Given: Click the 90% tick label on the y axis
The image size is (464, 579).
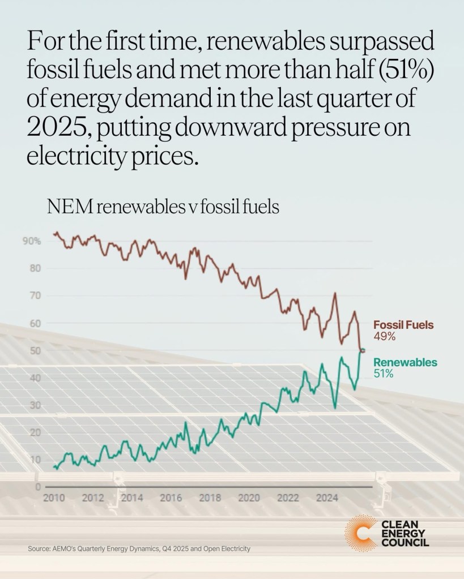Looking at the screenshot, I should (32, 241).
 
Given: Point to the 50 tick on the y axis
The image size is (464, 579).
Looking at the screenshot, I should (35, 351).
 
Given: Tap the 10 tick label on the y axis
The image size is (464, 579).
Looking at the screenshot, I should (35, 460).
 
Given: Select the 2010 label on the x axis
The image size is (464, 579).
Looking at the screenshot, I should (53, 499).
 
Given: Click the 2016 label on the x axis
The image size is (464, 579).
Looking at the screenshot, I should (171, 499).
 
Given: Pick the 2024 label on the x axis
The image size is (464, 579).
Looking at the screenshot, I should (327, 499).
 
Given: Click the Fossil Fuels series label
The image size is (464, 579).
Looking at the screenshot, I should (403, 325).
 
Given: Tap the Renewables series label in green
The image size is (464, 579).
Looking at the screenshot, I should (405, 363).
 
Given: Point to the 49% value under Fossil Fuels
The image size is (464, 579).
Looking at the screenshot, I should (384, 336).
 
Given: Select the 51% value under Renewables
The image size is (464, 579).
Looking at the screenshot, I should (384, 374).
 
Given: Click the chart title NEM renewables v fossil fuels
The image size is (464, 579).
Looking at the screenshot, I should (163, 207).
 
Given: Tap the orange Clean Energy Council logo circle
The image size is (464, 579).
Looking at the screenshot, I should (360, 533).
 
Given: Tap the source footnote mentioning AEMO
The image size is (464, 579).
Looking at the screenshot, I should (139, 549).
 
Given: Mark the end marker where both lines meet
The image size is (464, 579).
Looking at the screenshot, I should (363, 351).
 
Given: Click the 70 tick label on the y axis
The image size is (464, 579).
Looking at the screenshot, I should (35, 295).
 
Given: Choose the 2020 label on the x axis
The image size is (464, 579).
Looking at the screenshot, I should (249, 499).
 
